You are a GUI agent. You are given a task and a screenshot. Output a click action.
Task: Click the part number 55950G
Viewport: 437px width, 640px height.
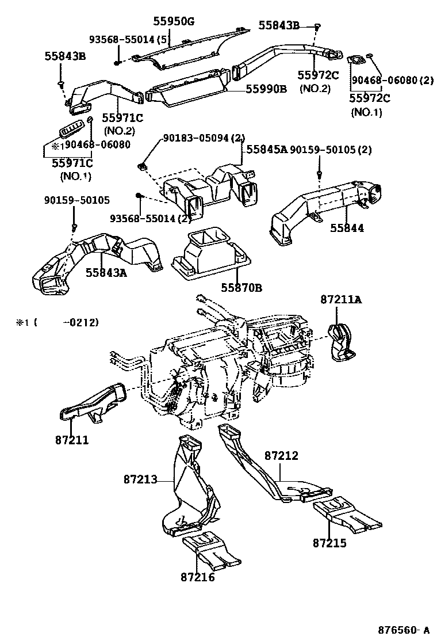(x=174, y=22)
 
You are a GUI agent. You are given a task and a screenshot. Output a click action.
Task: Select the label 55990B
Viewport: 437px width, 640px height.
(x=266, y=89)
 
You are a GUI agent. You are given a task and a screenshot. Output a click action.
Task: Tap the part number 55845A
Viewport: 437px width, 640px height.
(x=267, y=149)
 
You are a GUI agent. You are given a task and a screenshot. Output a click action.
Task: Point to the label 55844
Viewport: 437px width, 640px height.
(x=347, y=228)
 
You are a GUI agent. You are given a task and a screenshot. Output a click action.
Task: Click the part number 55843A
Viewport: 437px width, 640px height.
(x=106, y=272)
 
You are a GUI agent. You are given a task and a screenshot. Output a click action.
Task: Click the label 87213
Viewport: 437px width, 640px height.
(x=139, y=479)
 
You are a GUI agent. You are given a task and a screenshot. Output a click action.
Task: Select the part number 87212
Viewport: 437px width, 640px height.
(x=281, y=456)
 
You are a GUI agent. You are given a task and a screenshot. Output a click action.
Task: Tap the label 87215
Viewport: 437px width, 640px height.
(x=330, y=542)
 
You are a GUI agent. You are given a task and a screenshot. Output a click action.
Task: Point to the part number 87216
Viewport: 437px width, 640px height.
(x=197, y=577)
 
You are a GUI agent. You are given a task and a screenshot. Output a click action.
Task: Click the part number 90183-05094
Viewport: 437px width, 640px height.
(x=195, y=138)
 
